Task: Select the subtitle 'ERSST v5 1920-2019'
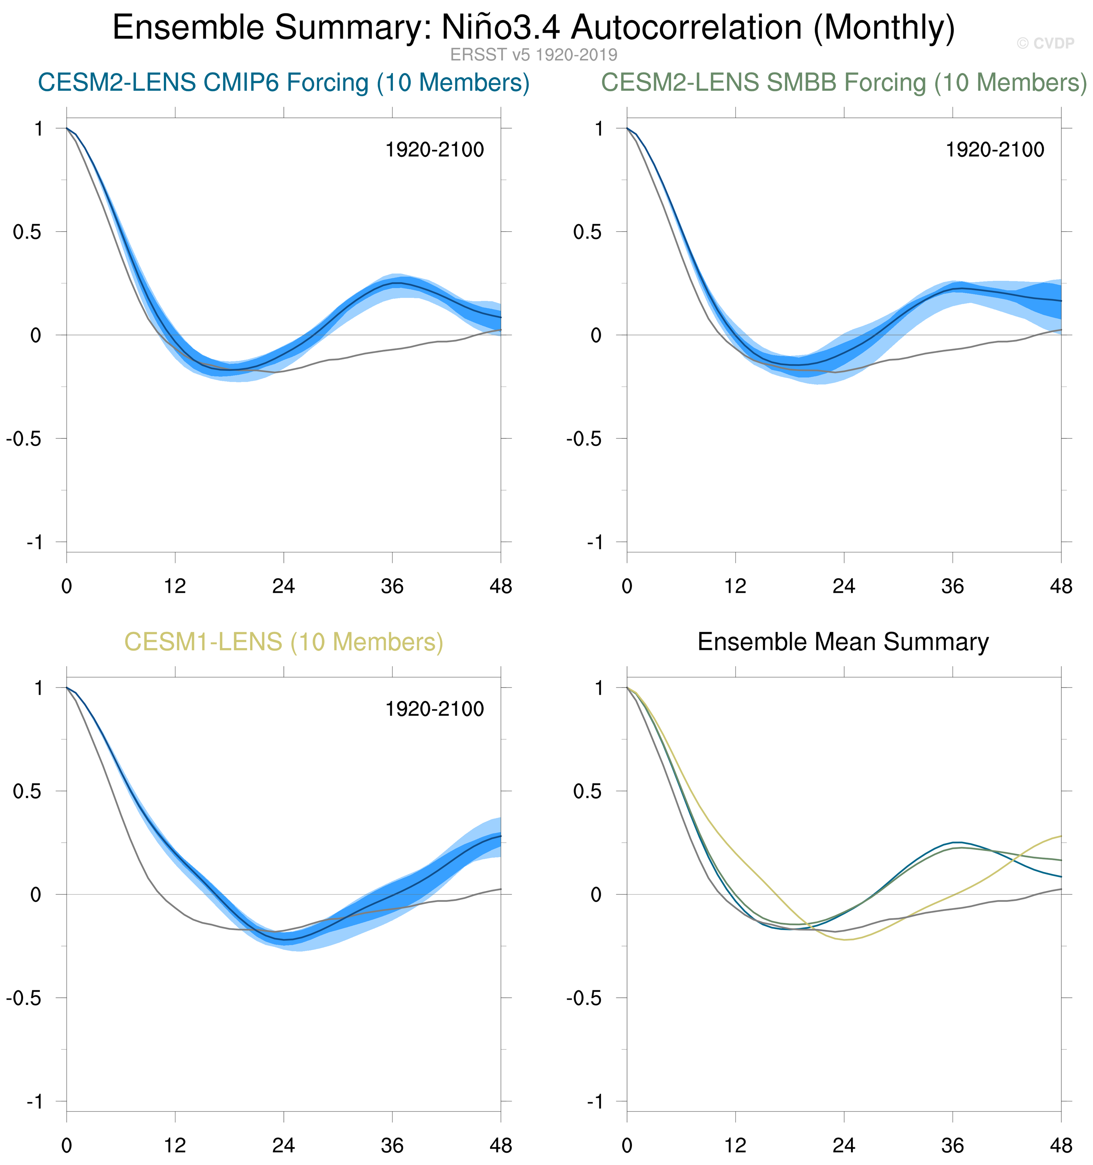tap(533, 55)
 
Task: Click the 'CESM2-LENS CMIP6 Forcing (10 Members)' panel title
tap(284, 83)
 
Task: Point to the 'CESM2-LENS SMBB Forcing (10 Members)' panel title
tap(844, 83)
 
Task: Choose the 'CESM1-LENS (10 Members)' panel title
tap(284, 642)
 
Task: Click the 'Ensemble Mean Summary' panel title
tap(843, 642)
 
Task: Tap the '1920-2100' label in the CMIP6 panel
tap(434, 150)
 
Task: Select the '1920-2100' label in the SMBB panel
tap(995, 150)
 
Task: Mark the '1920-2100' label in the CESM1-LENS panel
tap(434, 710)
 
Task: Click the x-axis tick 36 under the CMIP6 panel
tap(392, 586)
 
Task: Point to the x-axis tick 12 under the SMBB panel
tap(735, 586)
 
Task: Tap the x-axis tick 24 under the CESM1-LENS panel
tap(284, 1145)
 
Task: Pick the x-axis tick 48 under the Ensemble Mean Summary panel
tap(1061, 1145)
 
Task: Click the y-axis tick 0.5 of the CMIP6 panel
tap(28, 232)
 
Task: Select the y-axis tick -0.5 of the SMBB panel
tap(584, 439)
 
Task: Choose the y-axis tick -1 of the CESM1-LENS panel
tap(35, 1102)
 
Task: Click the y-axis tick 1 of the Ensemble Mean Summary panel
tap(598, 688)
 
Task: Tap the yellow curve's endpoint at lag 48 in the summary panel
tap(1061, 836)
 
